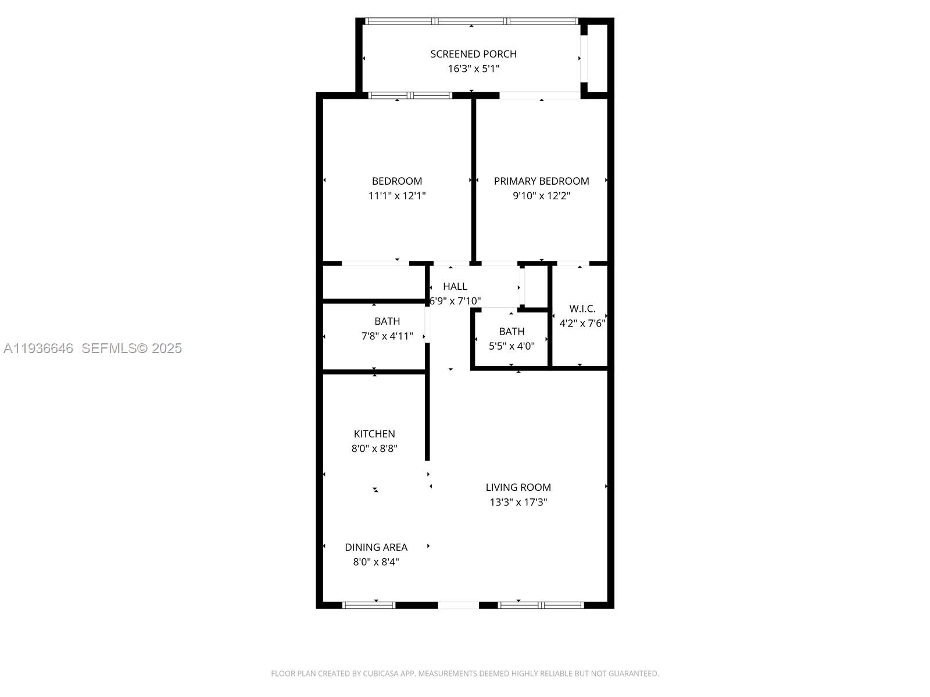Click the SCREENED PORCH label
coord(473,54)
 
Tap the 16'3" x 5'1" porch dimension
coord(473,69)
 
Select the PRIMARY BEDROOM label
coord(541,181)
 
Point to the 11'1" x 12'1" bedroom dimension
coord(397,196)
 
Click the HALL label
coord(455,286)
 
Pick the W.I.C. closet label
coord(582,308)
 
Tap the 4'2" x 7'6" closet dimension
coord(582,324)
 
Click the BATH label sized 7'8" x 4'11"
coord(387,321)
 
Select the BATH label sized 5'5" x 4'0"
coord(512,332)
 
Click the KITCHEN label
coord(374,434)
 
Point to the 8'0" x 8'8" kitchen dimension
coord(374,448)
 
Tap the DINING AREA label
coord(376,547)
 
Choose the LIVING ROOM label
coord(518,487)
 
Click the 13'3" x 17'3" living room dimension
coord(518,502)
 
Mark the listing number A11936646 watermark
coord(38,348)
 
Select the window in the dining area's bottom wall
coord(369,605)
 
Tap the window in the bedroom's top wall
coord(410,95)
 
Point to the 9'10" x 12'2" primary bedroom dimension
coord(541,196)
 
